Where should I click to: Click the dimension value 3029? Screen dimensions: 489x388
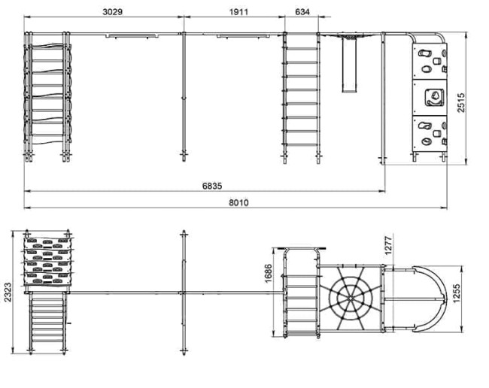tap(113, 12)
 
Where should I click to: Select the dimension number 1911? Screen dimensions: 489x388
tap(239, 12)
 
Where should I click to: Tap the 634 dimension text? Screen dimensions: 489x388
tap(302, 12)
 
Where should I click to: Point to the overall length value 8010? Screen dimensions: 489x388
tap(239, 202)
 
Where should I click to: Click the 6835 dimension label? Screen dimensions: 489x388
tap(212, 186)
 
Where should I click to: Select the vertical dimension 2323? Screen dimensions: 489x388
tap(8, 292)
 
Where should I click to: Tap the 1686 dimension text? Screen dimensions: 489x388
tap(268, 274)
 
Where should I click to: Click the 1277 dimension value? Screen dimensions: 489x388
tap(387, 246)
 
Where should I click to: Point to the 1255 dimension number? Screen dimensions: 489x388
tap(457, 293)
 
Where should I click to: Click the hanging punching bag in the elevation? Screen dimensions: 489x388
tap(349, 65)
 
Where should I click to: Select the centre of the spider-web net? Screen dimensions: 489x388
tap(351, 299)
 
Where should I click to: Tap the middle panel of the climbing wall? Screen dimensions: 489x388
tap(430, 98)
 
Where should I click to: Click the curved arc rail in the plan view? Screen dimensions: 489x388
tap(432, 299)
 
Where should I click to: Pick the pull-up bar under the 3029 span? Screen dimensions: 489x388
tap(132, 36)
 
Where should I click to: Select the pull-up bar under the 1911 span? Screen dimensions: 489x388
tap(243, 36)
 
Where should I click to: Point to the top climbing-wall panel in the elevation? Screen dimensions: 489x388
tap(430, 62)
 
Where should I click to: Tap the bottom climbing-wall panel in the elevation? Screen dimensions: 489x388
tap(430, 134)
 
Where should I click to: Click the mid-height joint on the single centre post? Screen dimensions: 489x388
tap(184, 98)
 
